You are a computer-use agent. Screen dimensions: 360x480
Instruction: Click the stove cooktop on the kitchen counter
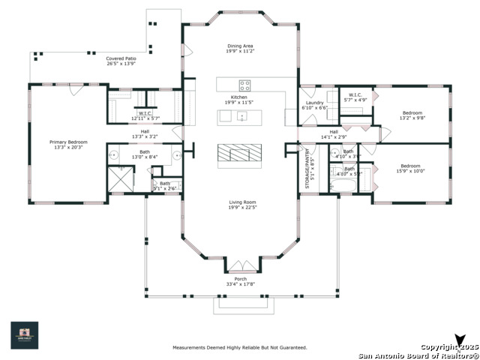point(244,84)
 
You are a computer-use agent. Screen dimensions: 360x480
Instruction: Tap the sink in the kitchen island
point(242,116)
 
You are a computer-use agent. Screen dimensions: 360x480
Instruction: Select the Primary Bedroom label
point(68,142)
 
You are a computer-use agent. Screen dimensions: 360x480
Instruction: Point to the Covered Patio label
point(121,58)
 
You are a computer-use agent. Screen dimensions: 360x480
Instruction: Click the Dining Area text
point(241,46)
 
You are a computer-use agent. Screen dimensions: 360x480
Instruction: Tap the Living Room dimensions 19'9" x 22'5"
point(242,208)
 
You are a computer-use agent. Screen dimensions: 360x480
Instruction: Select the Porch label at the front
point(241,278)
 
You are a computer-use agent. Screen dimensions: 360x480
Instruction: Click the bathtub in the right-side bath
point(347,182)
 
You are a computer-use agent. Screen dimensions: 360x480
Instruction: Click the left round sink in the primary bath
point(114,156)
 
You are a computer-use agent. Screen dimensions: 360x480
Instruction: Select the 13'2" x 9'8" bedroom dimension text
point(412,118)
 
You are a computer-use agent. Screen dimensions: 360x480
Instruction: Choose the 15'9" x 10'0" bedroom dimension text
point(410,171)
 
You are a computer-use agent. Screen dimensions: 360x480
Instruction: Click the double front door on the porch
point(241,265)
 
